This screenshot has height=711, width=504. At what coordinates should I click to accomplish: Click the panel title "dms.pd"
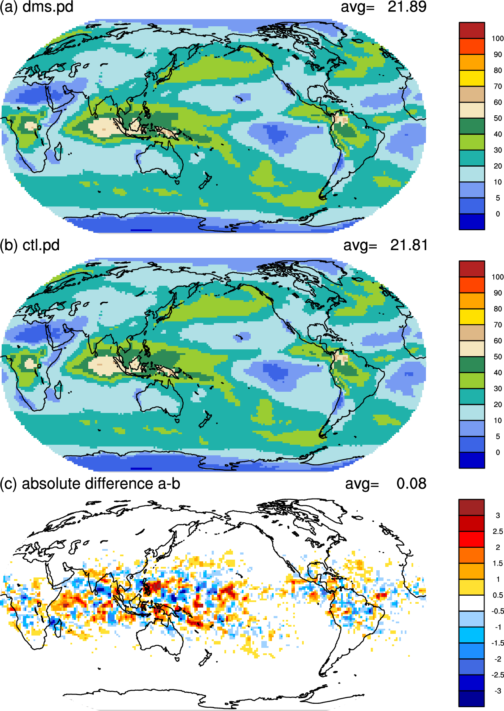[x=48, y=7]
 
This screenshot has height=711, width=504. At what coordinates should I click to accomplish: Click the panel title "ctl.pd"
[x=41, y=245]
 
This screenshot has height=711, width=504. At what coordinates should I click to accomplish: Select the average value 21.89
[x=407, y=7]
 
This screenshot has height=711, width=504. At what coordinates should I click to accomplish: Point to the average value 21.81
[x=409, y=245]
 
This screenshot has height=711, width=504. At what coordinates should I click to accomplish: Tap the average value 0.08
[x=411, y=483]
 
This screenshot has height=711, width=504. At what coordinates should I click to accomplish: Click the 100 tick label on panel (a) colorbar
[x=498, y=39]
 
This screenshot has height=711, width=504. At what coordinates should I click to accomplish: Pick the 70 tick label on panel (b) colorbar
[x=498, y=325]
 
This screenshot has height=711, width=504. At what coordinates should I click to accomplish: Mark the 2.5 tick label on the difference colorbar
[x=498, y=531]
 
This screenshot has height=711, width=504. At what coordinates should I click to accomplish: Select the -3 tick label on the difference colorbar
[x=498, y=690]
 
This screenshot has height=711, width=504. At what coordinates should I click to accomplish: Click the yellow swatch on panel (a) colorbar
[x=472, y=78]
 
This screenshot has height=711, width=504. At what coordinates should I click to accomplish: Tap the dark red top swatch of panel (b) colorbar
[x=472, y=269]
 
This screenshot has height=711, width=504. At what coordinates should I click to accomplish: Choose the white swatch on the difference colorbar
[x=472, y=603]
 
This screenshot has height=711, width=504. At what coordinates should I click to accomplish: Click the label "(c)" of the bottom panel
[x=8, y=484]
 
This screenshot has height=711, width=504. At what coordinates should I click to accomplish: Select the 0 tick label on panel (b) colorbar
[x=498, y=452]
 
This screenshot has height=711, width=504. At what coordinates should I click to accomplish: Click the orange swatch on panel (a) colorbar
[x=472, y=62]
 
